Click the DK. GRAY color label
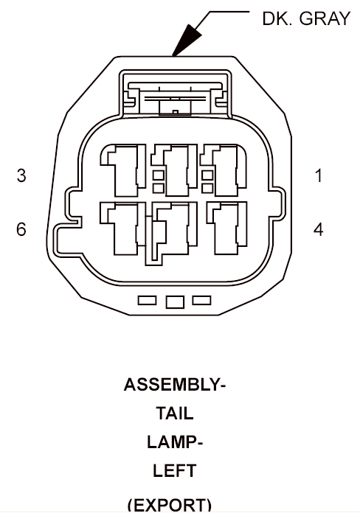[x=306, y=18]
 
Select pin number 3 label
[x=21, y=175]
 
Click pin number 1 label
[x=319, y=175]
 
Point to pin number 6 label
[x=21, y=229]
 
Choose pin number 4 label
[x=319, y=229]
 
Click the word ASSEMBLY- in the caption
[x=175, y=385]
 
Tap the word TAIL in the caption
[x=175, y=413]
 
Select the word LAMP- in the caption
[x=175, y=442]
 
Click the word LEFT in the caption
[x=175, y=471]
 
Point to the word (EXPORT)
[x=170, y=505]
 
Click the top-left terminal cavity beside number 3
[x=123, y=170]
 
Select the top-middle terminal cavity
[x=174, y=170]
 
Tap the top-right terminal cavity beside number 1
[x=224, y=170]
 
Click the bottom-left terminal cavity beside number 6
[x=123, y=228]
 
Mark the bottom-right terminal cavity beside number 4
[x=226, y=228]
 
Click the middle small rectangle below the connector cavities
[x=175, y=302]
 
